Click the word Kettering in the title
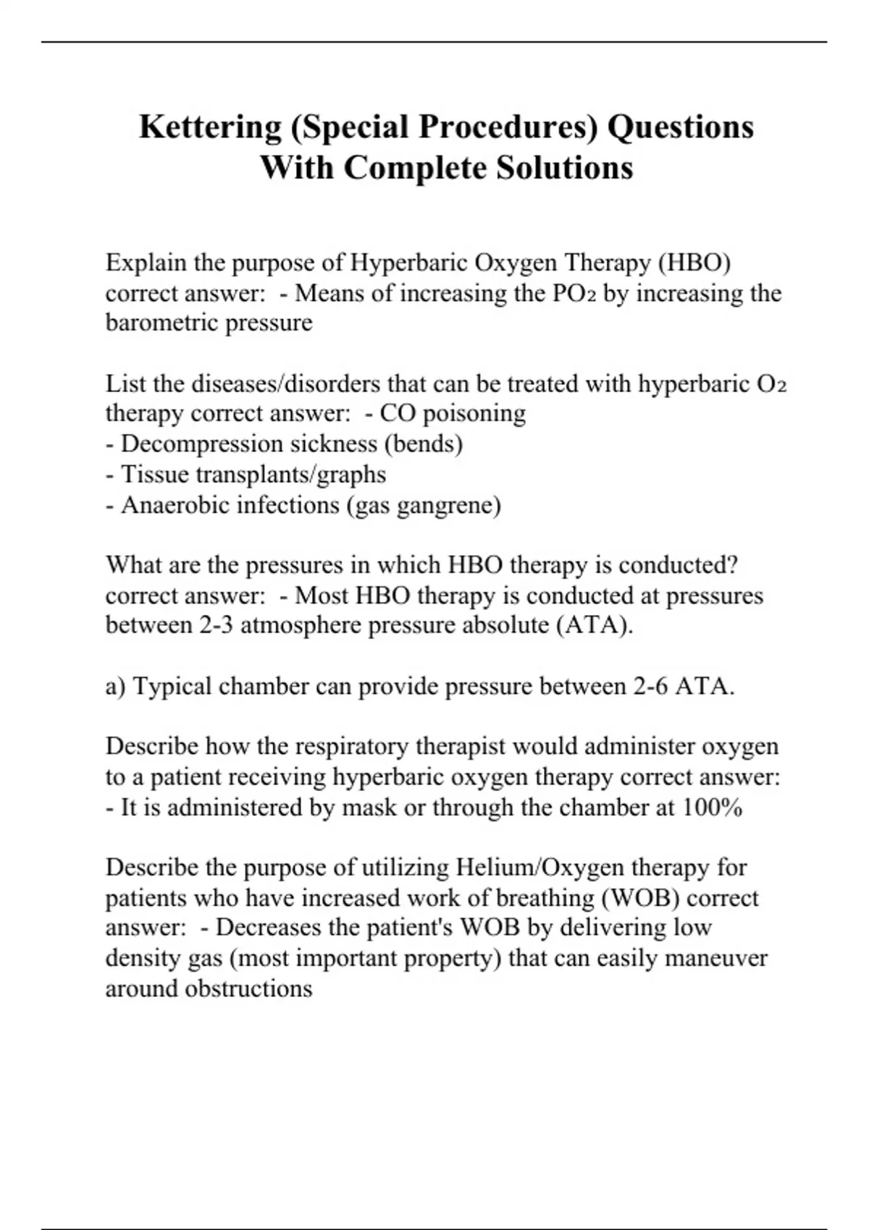click(209, 127)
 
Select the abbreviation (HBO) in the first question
click(694, 262)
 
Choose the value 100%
click(712, 807)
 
